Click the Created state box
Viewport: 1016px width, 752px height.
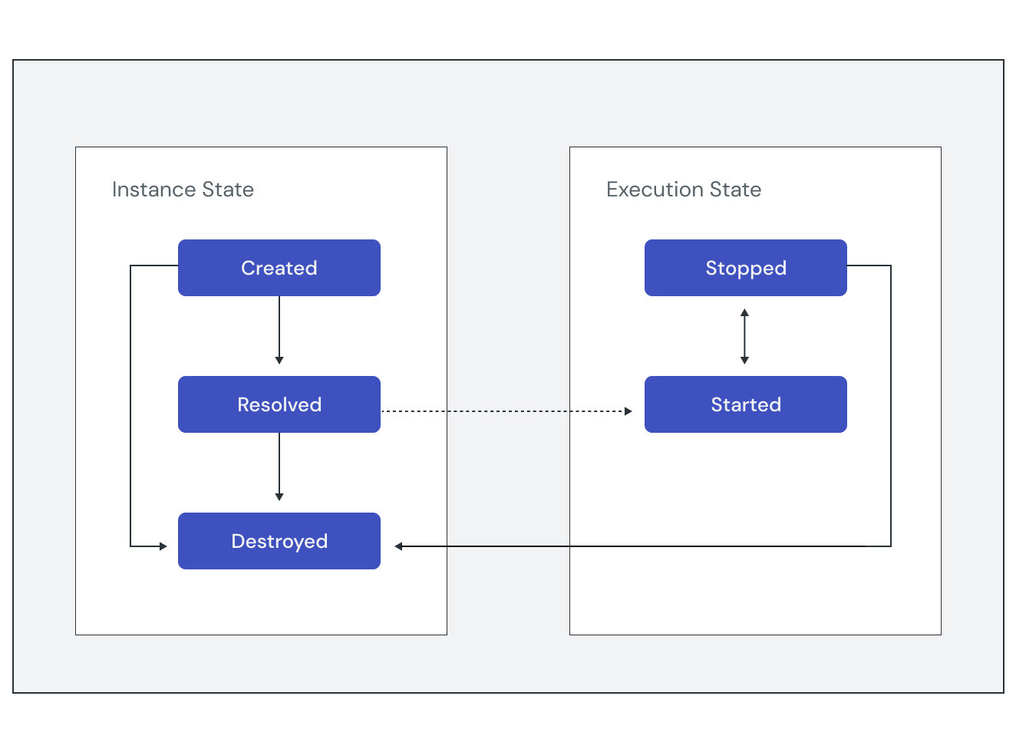(x=279, y=268)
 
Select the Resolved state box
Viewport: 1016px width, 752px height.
(x=279, y=404)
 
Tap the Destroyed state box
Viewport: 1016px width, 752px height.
(x=279, y=541)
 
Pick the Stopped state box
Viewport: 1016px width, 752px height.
(x=746, y=268)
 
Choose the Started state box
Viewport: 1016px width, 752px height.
(x=746, y=404)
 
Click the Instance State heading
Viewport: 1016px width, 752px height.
(x=183, y=190)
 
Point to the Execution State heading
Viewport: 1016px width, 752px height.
(x=684, y=190)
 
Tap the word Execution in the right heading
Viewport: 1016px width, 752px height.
(x=655, y=190)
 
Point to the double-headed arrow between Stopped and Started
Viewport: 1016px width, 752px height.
(x=744, y=336)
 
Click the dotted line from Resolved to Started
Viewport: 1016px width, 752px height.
(x=506, y=411)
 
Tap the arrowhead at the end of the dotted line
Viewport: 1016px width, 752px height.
(x=628, y=411)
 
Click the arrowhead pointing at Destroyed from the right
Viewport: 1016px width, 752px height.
(x=399, y=546)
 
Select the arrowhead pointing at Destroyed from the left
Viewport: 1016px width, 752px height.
(x=163, y=546)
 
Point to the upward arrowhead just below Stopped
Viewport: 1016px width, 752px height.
(x=744, y=313)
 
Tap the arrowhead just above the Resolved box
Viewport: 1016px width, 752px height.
(x=279, y=360)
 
